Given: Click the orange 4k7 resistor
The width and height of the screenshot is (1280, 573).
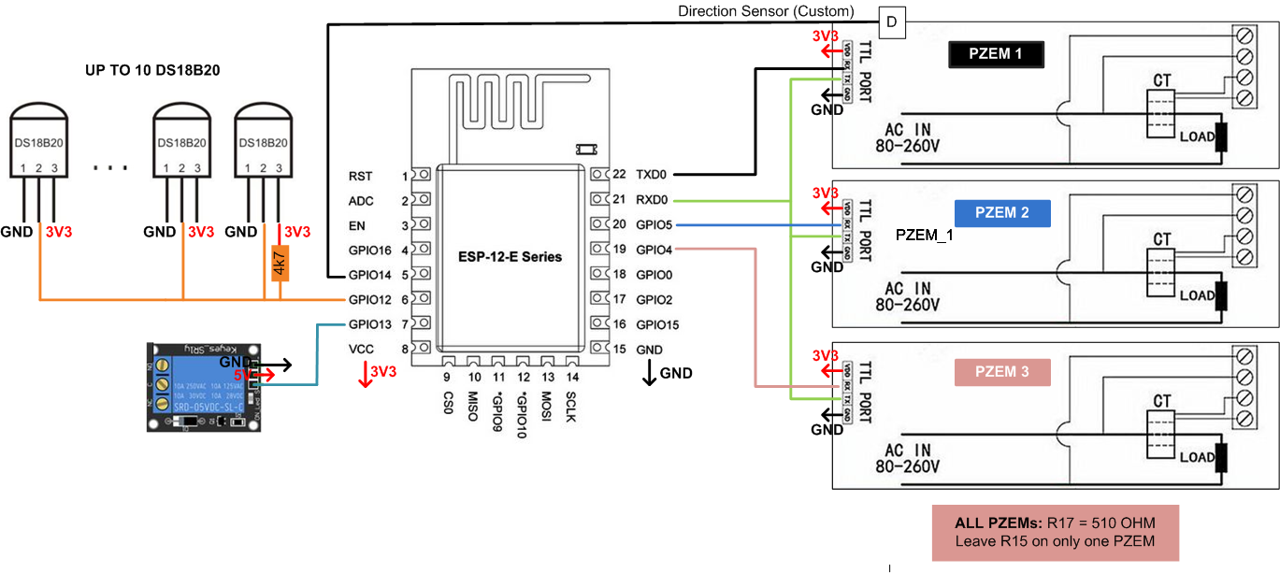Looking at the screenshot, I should click(279, 263).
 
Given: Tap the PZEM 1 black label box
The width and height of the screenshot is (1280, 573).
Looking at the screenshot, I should click(996, 54).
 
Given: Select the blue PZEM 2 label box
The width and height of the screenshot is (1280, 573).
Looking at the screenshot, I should click(1001, 213).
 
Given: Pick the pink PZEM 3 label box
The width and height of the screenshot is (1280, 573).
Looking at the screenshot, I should click(1001, 371).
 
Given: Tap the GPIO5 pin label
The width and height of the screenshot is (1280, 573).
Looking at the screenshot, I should click(654, 225).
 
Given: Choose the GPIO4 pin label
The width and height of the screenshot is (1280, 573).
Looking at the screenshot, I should click(654, 250).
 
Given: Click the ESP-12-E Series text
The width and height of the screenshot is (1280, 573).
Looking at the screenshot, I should click(510, 255).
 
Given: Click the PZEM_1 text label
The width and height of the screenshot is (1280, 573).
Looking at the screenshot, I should click(924, 236).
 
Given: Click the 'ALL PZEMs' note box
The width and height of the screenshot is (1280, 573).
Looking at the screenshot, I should click(1055, 532).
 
